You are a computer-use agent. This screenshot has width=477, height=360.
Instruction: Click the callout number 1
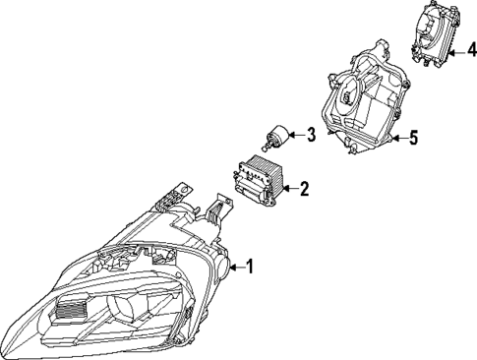point(250,266)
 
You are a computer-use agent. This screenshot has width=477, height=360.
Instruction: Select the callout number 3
point(310,135)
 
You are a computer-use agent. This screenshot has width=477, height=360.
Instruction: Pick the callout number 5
point(413,139)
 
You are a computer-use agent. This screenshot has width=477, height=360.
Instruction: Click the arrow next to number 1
point(237,266)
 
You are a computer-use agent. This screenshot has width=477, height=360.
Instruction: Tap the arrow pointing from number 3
point(296,135)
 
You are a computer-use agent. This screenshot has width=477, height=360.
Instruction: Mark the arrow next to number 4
point(456,45)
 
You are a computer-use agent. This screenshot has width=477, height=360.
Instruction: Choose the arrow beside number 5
point(397,139)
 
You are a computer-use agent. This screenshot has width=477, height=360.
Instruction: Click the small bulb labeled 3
point(277,136)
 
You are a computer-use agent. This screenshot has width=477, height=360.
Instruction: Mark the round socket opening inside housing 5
point(349,93)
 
